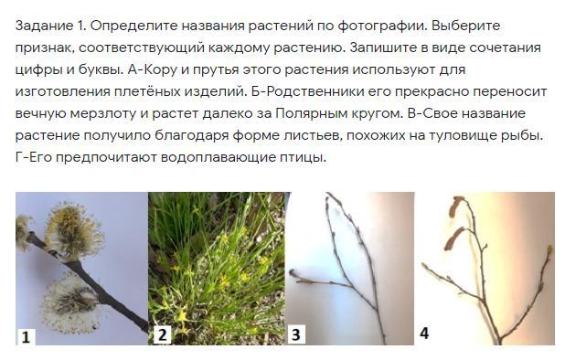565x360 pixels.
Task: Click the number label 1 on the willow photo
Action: coord(26,337)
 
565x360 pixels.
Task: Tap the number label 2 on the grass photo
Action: coord(162,334)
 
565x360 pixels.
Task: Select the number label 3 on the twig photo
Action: coord(296,334)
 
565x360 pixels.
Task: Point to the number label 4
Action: coord(424,334)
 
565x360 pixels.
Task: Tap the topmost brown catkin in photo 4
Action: coord(457,206)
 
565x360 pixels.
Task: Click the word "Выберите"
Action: coord(466,26)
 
